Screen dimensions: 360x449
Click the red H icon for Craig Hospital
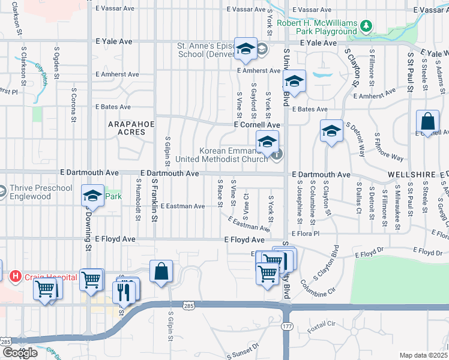(16, 277)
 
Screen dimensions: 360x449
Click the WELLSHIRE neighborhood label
(411, 174)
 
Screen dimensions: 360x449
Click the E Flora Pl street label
(306, 233)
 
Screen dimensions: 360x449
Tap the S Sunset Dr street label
(243, 349)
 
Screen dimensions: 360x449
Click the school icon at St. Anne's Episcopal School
(246, 50)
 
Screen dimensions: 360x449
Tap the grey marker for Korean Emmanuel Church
(276, 155)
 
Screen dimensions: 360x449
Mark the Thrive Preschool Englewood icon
(2, 191)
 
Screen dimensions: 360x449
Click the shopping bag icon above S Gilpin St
(161, 272)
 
